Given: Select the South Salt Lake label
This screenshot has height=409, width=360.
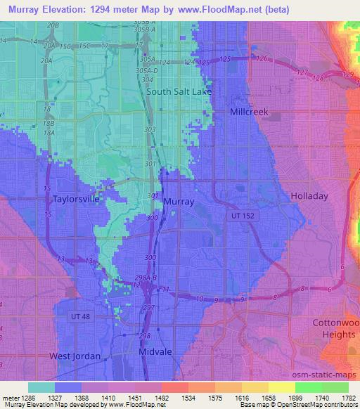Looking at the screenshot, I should coord(179,91).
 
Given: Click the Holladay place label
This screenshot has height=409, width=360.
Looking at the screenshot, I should coord(309,197).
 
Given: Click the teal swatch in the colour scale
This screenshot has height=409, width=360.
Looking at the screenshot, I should coord(41,387).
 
